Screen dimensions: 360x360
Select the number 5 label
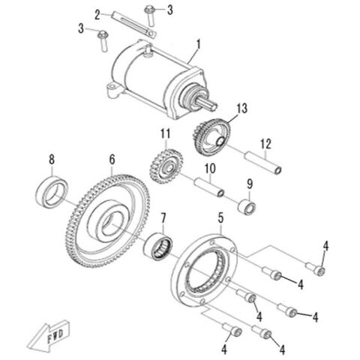point(220,217)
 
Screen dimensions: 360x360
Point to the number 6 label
point(112,160)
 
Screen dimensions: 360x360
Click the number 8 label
point(51,159)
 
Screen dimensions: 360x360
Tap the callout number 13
point(241,109)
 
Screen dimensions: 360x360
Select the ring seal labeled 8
point(52,191)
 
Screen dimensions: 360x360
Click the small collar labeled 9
point(248,205)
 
